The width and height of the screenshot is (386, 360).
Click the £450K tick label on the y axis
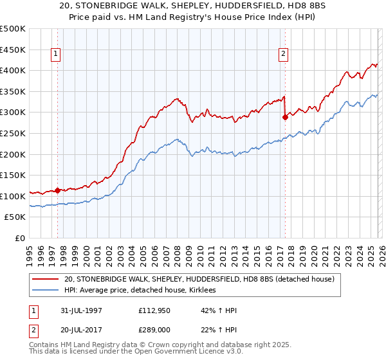click(13, 50)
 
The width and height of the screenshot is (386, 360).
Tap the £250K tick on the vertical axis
click(13, 133)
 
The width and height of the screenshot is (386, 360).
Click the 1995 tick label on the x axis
click(30, 251)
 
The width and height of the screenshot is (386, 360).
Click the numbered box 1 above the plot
click(57, 55)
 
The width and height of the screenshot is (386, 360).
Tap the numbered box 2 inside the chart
click(284, 55)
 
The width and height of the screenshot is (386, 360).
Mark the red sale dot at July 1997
click(58, 190)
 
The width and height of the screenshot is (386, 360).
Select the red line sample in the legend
click(46, 280)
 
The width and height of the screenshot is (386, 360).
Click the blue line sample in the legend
click(46, 291)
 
